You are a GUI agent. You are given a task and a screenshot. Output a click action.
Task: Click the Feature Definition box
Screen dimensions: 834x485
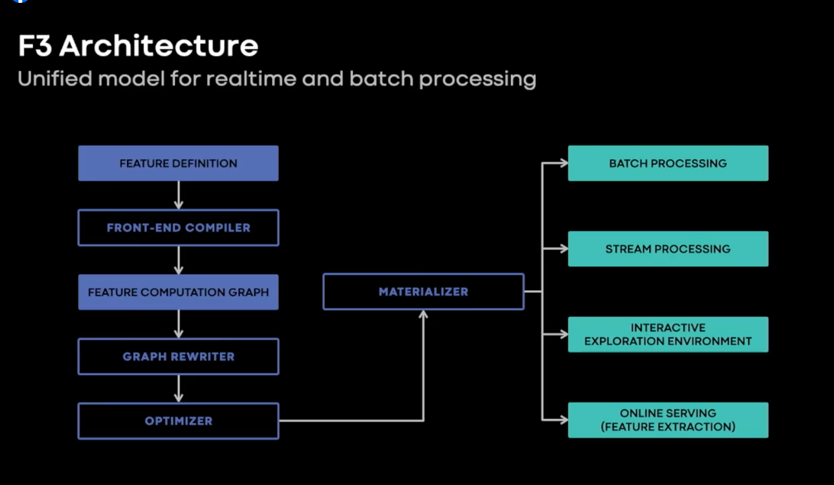[x=178, y=163]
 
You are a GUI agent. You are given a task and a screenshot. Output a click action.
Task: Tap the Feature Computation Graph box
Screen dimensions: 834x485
[x=178, y=292]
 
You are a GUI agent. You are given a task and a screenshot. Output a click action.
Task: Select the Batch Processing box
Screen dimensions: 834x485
[x=668, y=163]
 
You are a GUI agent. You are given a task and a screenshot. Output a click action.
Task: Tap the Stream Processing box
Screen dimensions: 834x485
[x=668, y=249]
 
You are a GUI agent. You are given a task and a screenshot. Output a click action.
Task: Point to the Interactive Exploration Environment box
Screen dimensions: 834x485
[x=668, y=335]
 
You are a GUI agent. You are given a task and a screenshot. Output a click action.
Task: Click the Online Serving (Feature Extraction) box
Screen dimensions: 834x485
[x=668, y=420]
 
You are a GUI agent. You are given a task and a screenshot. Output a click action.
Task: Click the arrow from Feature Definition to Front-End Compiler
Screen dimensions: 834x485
[x=179, y=195]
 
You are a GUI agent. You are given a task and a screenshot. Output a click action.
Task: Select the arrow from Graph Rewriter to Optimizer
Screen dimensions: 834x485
[x=179, y=388]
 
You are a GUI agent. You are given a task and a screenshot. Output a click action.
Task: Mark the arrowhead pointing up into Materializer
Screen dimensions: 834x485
[x=423, y=315]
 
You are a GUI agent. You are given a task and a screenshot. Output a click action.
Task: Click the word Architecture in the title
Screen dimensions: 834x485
[x=159, y=46]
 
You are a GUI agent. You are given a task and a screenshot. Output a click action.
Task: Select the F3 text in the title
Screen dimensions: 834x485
[x=35, y=46]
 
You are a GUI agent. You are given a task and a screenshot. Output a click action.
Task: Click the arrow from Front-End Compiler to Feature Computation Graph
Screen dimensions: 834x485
[x=179, y=260]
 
